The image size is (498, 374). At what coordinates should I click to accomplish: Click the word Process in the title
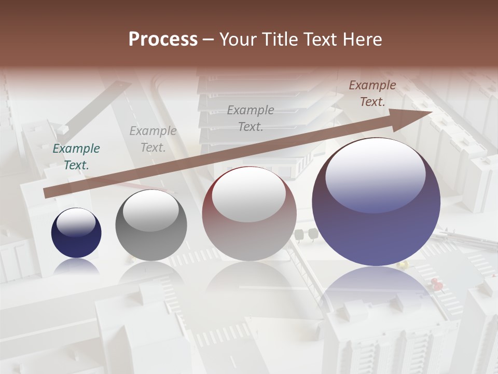click(x=163, y=39)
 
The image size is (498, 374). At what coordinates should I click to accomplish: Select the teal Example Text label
click(x=76, y=157)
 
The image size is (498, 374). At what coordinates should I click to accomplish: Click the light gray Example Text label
click(x=153, y=139)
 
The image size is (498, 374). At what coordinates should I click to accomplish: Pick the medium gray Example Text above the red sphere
click(x=251, y=118)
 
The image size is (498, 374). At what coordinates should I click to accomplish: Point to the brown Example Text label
click(x=372, y=94)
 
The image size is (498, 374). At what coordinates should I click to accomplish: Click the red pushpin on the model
click(x=436, y=284)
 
